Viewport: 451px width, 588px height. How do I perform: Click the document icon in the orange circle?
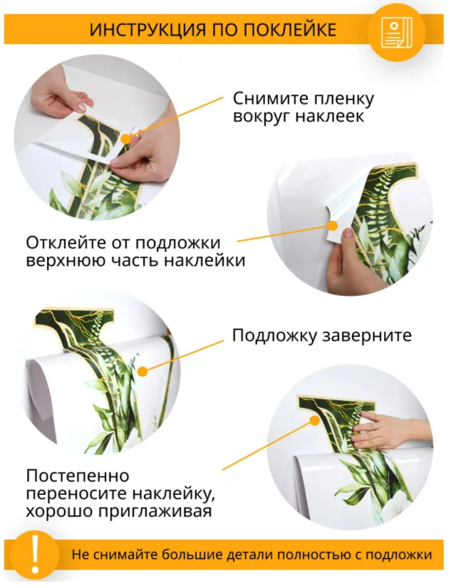point(397,33)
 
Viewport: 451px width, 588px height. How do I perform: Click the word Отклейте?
point(66,243)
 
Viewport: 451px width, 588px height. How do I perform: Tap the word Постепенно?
point(78,476)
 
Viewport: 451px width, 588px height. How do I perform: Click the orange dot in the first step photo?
point(127,139)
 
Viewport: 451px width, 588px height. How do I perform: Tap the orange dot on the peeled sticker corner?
point(333,226)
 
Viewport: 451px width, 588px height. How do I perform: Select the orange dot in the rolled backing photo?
point(143,372)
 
